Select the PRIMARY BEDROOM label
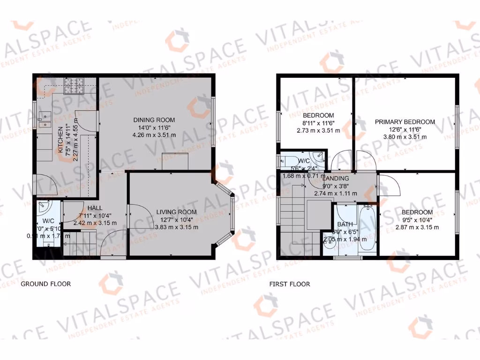[x=405, y=122]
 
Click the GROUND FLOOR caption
[x=45, y=284]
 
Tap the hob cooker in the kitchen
[x=74, y=86]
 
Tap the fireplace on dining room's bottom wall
[x=175, y=161]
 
